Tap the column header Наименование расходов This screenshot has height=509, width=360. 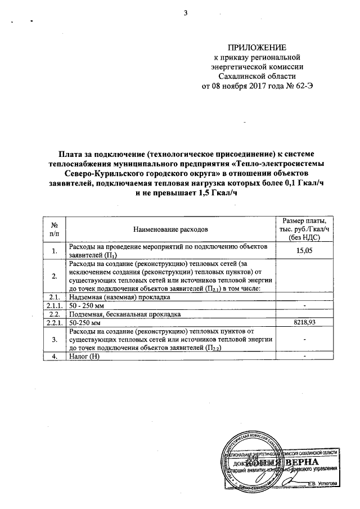coord(170,229)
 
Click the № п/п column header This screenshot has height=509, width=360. coord(55,229)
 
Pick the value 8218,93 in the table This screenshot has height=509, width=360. coord(304,323)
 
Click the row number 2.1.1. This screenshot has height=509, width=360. coord(55,305)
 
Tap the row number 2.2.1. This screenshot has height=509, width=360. coord(55,323)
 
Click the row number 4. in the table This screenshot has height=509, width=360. coord(55,357)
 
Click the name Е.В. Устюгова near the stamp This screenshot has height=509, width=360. coord(322,483)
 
